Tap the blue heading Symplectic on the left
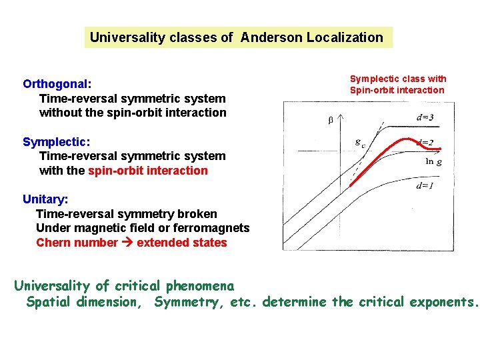(55, 141)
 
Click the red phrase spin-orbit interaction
(148, 170)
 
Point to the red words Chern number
(77, 243)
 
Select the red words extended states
(181, 243)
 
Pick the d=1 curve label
(425, 186)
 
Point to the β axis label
(329, 121)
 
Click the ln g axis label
(434, 161)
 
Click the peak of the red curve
(405, 139)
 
